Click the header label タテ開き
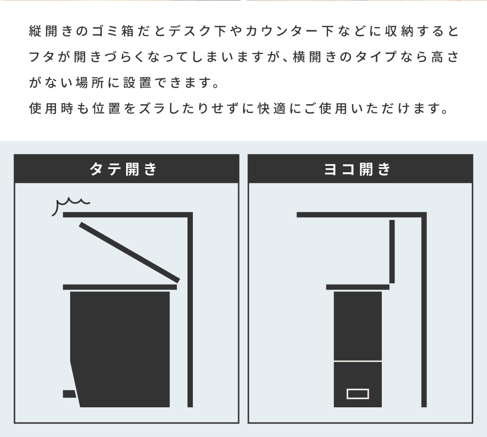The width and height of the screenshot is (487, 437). [124, 169]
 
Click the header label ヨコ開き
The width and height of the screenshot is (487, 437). [357, 169]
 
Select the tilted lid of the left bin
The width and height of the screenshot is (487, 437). [130, 252]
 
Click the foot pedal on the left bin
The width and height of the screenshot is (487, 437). [69, 393]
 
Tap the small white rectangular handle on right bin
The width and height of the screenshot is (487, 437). [357, 393]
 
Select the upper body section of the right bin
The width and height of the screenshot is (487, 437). [357, 325]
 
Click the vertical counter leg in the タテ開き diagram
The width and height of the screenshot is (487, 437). [190, 311]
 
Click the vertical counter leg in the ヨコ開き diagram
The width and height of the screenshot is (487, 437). [424, 311]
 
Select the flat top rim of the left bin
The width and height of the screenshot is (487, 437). [119, 287]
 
